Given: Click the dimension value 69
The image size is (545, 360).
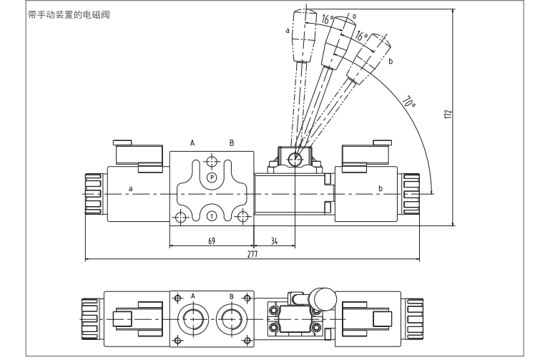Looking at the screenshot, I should tap(212, 241).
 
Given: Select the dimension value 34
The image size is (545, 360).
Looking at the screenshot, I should tap(275, 241).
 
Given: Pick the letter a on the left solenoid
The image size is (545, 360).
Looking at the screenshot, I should tap(130, 189).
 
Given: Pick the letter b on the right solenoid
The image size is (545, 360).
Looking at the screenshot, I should tap(380, 189).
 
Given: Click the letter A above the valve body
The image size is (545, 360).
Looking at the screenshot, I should tap(192, 143).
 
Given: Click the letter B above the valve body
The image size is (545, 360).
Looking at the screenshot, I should tap(231, 143).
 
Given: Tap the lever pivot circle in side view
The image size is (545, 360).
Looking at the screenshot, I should tap(294, 158).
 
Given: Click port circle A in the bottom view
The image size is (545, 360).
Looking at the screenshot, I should tap(193, 316).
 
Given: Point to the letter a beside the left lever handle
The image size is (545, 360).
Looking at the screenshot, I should tap(287, 30).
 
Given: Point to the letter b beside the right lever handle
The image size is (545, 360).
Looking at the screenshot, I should tap(391, 62).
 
